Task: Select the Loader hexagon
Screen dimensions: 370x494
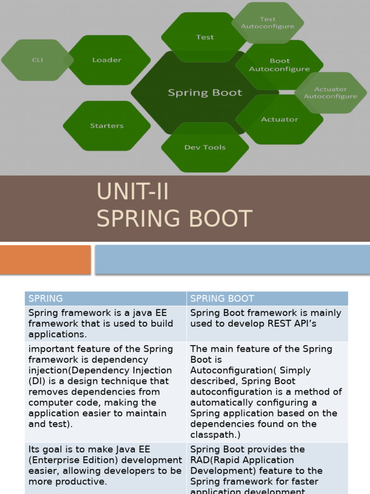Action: tap(107, 60)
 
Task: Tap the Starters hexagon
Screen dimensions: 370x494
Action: tap(107, 126)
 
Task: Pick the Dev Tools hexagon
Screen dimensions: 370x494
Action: tap(205, 148)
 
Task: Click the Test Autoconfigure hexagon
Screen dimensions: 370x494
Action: tap(268, 23)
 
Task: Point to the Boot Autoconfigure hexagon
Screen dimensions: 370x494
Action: tap(279, 65)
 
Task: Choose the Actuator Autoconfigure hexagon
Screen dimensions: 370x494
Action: tap(330, 93)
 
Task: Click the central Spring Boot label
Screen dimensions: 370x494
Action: tap(205, 93)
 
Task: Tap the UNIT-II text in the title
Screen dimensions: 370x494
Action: tap(132, 192)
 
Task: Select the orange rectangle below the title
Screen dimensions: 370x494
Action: tap(45, 260)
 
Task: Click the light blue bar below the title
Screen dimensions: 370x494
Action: tap(232, 260)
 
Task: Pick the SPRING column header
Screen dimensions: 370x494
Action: tap(46, 299)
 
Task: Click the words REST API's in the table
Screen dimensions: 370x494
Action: tap(292, 324)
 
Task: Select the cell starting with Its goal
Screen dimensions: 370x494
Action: tap(105, 465)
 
